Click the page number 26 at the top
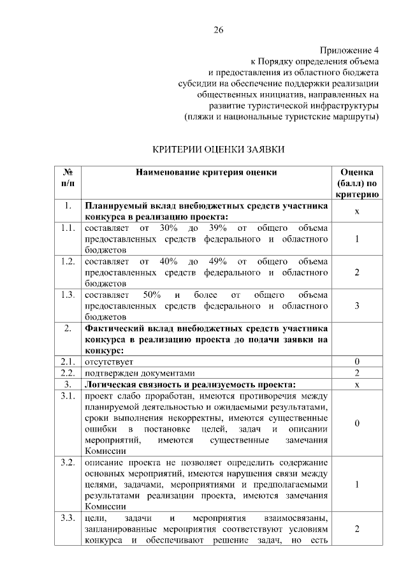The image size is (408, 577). click(x=218, y=31)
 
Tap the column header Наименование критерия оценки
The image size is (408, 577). click(x=207, y=172)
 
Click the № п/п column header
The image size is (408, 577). click(x=68, y=178)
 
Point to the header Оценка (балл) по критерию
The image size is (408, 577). click(x=357, y=184)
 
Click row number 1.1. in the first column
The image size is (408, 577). click(x=68, y=228)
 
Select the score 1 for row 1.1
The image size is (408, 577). click(x=357, y=239)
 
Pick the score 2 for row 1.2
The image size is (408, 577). click(x=357, y=273)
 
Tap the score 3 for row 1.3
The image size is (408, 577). click(x=357, y=306)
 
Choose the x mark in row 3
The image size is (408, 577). click(x=357, y=385)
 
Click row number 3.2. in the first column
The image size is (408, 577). click(x=68, y=461)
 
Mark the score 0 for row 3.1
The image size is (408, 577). click(x=357, y=423)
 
